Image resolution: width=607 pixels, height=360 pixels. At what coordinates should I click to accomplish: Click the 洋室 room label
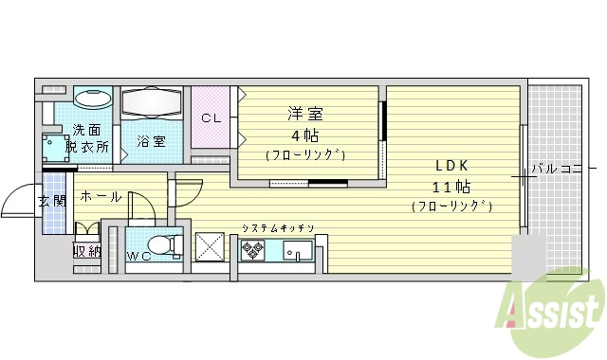[305, 115]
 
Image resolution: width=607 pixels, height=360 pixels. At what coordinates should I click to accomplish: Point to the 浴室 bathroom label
[151, 142]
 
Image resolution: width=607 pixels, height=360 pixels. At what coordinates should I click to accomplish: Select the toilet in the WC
[165, 243]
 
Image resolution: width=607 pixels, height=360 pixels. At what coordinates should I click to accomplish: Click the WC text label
[138, 256]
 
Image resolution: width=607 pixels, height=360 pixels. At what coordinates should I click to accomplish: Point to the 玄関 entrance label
[51, 201]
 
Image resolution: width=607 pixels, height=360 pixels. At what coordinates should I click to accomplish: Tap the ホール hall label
[101, 196]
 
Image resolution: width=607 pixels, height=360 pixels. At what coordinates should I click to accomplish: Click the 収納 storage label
[86, 251]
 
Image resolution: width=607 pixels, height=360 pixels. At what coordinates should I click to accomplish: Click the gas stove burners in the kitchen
[252, 250]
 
